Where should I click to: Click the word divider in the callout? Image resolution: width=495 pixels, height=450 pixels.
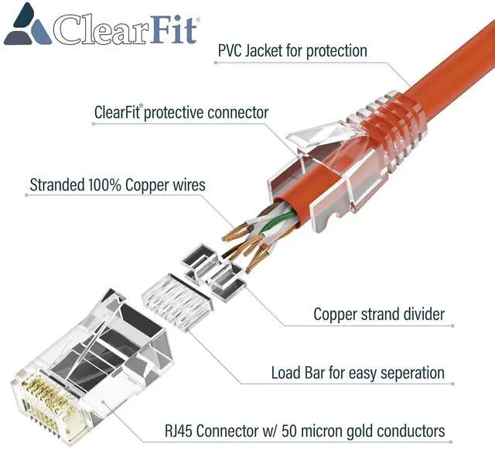[x=421, y=314]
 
